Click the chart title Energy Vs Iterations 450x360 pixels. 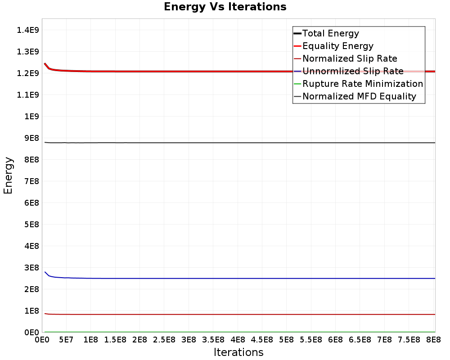(225, 7)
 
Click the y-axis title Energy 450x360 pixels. (8, 175)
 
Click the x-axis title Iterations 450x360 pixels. (238, 352)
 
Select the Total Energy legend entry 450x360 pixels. (331, 33)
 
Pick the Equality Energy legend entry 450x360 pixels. (338, 46)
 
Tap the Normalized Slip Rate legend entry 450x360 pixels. (350, 58)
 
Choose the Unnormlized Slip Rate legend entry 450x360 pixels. (353, 71)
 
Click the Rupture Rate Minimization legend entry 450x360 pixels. (363, 84)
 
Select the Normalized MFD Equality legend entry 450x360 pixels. (359, 96)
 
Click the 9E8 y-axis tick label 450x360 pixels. (31, 138)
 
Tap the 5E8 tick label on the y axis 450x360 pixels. (31, 225)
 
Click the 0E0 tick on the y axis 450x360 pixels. (31, 333)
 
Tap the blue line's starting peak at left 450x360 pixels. (45, 272)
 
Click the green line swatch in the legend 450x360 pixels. (297, 84)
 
